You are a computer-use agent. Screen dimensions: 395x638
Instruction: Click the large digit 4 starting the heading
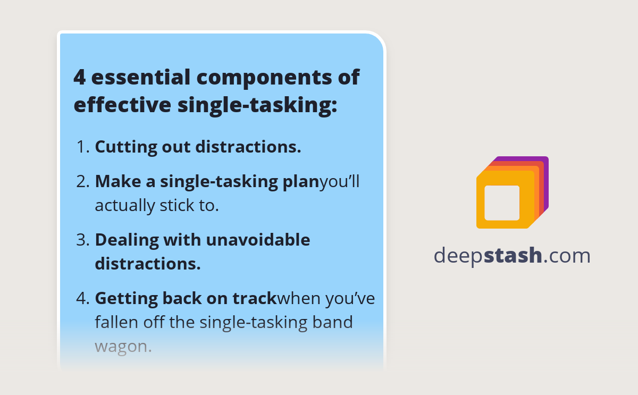pyautogui.click(x=79, y=78)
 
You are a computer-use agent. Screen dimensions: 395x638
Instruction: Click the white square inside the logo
pyautogui.click(x=502, y=203)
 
